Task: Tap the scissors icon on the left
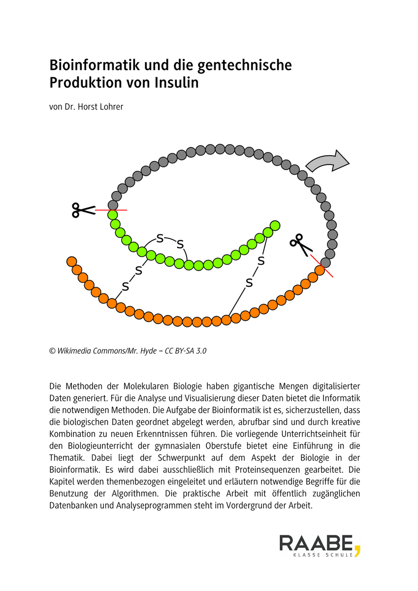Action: click(82, 210)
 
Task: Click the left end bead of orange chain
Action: click(71, 261)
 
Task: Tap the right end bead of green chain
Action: click(275, 226)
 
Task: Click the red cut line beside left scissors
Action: click(111, 210)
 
